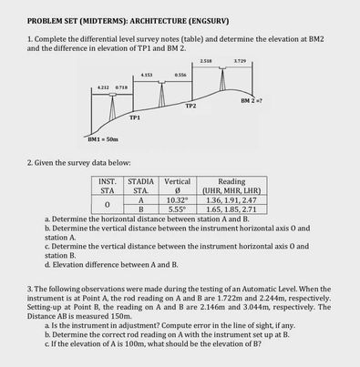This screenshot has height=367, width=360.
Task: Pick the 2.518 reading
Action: pyautogui.click(x=206, y=61)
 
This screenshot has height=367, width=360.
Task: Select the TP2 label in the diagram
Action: pyautogui.click(x=190, y=106)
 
